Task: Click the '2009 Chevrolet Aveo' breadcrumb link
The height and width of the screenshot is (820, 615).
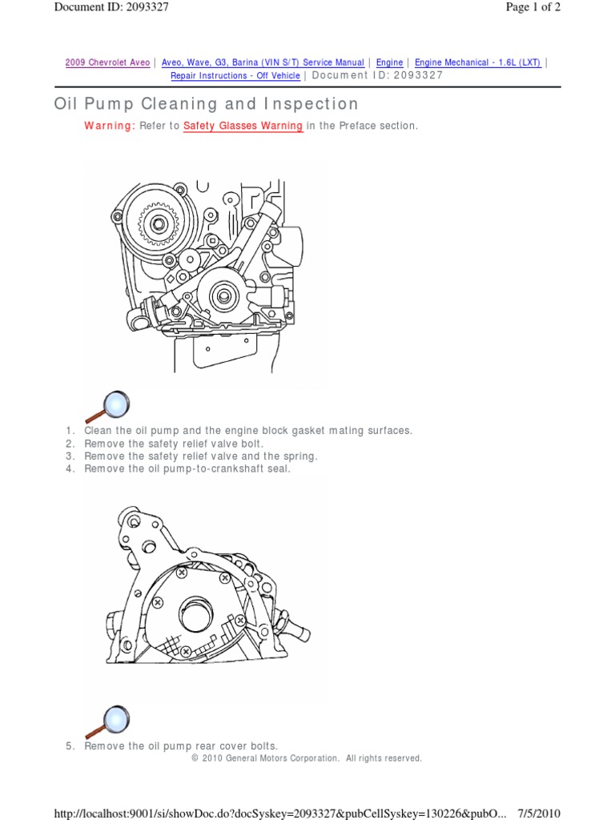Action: (x=107, y=62)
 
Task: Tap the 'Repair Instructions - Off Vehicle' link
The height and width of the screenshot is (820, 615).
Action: (x=235, y=75)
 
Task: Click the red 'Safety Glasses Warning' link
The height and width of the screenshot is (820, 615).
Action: (x=243, y=127)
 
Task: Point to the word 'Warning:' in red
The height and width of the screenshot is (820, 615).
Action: (x=109, y=127)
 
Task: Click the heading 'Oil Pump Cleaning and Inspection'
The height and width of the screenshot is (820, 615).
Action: (x=206, y=104)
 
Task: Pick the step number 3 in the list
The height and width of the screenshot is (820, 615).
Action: (x=70, y=456)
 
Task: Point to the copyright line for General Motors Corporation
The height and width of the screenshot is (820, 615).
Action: (x=307, y=758)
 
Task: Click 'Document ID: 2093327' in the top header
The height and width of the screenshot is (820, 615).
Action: (x=111, y=7)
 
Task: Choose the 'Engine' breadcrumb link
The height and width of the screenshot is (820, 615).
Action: (x=389, y=62)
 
